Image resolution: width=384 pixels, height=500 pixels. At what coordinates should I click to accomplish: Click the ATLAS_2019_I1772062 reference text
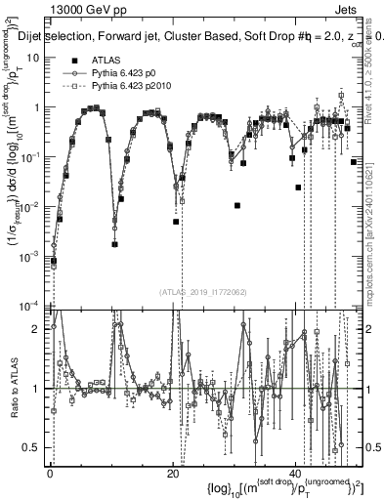pos(200,291)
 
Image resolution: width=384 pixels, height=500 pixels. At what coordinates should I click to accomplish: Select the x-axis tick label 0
pos(50,475)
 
